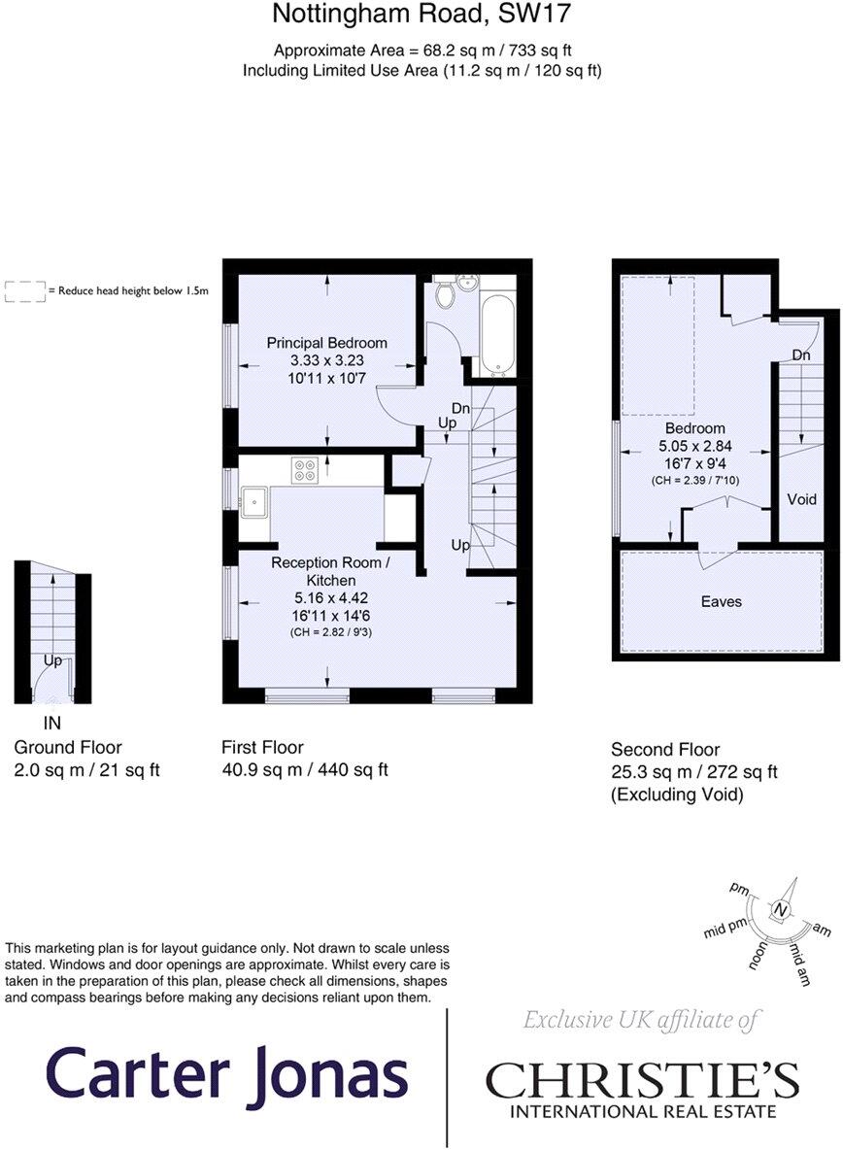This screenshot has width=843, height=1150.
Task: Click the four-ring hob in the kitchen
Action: click(305, 469)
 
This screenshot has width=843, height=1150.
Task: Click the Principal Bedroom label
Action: click(327, 343)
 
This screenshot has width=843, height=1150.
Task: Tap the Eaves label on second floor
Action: click(721, 601)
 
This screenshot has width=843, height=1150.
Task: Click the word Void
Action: click(801, 499)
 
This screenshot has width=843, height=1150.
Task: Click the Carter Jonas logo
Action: click(226, 1075)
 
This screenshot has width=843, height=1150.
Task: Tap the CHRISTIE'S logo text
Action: click(642, 1080)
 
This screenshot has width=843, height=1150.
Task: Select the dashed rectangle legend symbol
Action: click(25, 290)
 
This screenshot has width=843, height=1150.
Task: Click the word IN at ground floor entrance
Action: click(53, 724)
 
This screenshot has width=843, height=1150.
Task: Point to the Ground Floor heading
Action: click(68, 747)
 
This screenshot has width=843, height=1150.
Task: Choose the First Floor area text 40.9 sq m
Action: click(305, 770)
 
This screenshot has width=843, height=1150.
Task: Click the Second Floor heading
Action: click(665, 749)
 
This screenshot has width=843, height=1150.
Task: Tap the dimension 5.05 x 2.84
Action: click(694, 447)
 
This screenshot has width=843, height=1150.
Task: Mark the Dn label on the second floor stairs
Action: click(800, 355)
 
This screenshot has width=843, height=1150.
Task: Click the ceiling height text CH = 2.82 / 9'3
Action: click(330, 632)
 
